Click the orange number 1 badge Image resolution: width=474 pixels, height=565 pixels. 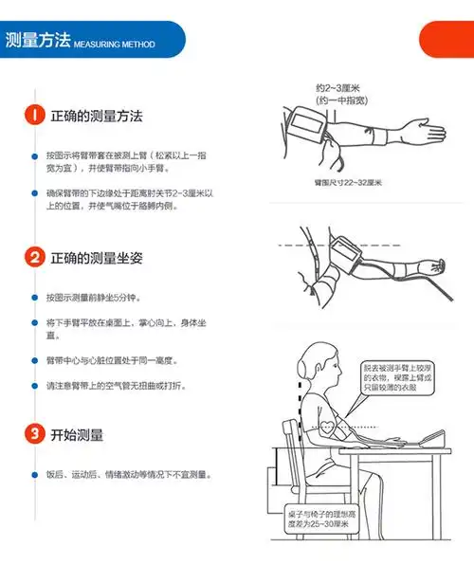point(34,116)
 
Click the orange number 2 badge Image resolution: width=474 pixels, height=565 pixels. point(34,257)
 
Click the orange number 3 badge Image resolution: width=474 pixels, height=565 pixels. point(34,435)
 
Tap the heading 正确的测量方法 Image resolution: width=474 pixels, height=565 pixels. point(96,116)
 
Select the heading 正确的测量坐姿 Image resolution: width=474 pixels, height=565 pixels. point(96,257)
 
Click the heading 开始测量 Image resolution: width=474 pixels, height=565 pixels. point(78,435)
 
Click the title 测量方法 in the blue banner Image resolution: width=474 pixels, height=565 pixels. point(37,41)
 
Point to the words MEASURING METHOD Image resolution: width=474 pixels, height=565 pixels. point(114,45)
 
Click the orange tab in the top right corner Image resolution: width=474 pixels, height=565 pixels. point(447,41)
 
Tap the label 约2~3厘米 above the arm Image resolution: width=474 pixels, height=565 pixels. point(340,87)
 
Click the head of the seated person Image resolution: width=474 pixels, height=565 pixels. point(313,364)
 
